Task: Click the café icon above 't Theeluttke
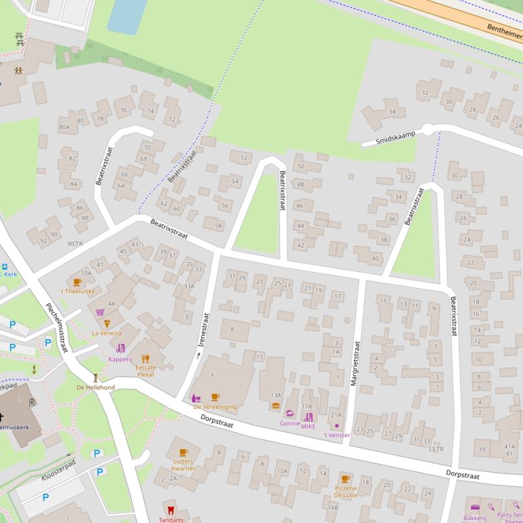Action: pos(77,282)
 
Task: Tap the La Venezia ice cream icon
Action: pos(107,323)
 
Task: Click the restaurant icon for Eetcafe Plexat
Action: pos(145,358)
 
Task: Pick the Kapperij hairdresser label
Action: pos(120,359)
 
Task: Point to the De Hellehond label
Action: pos(95,387)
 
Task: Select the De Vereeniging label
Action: pos(215,407)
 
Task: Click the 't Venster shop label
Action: pos(336,435)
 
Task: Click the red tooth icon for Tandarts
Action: pos(170,509)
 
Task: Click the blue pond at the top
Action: pos(127,15)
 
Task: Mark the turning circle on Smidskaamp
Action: pos(427,129)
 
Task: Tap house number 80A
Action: pos(64,127)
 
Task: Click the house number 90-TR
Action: pos(74,244)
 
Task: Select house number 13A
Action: pos(275,395)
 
